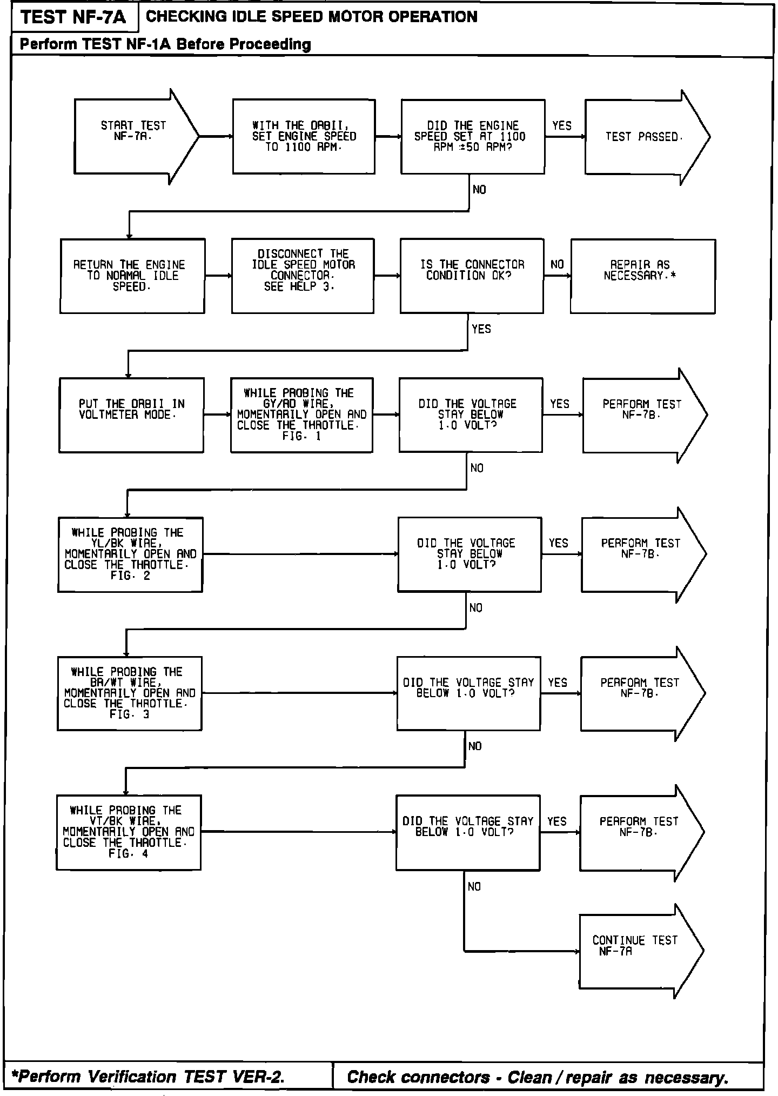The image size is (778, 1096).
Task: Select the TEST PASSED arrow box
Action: pyautogui.click(x=643, y=137)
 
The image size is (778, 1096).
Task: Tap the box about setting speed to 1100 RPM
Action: pyautogui.click(x=304, y=136)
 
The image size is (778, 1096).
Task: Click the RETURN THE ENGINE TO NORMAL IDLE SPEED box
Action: pyautogui.click(x=132, y=276)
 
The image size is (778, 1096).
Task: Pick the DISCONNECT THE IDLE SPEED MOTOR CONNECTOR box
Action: pyautogui.click(x=303, y=276)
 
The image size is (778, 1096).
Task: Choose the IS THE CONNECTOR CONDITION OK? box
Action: pyautogui.click(x=472, y=276)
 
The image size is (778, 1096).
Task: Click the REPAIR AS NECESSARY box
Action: pyautogui.click(x=642, y=276)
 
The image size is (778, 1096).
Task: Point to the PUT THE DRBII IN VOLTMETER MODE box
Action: pyautogui.click(x=131, y=415)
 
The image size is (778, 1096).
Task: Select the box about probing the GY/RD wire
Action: pyautogui.click(x=301, y=415)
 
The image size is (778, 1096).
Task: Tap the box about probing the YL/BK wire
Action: pyautogui.click(x=130, y=554)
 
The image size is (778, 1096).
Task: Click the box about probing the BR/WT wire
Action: pyautogui.click(x=130, y=693)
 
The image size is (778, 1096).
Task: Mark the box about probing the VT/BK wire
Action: pyautogui.click(x=129, y=832)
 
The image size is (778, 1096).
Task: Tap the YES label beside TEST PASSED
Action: pyautogui.click(x=562, y=126)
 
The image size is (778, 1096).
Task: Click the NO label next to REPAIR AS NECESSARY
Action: pyautogui.click(x=557, y=265)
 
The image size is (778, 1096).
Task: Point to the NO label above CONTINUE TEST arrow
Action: pyautogui.click(x=474, y=887)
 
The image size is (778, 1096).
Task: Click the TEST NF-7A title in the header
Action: pyautogui.click(x=74, y=17)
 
